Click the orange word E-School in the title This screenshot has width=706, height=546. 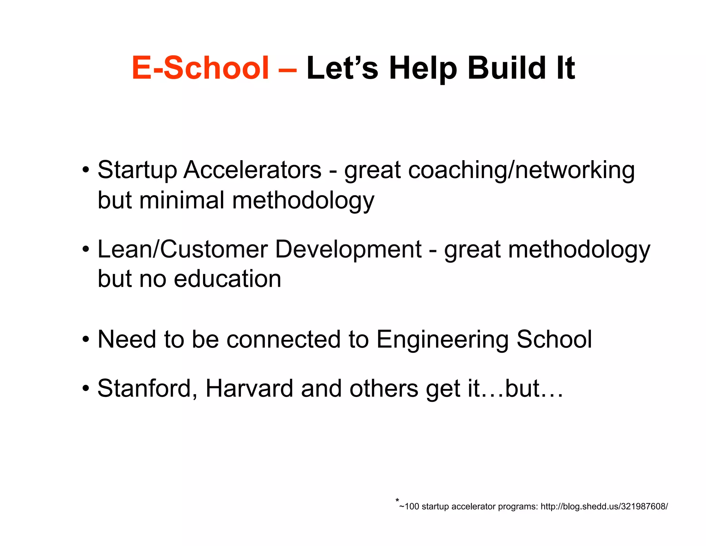tap(200, 68)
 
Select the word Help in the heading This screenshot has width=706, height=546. tap(423, 68)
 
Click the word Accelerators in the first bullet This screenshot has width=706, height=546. tap(252, 170)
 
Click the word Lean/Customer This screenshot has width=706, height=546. tap(183, 249)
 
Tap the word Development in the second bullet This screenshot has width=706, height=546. tap(348, 249)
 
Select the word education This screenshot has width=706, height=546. tap(228, 279)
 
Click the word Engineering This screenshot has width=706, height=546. tap(442, 340)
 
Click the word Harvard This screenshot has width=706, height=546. tap(249, 389)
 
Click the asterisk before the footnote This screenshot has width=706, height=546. tap(397, 500)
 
